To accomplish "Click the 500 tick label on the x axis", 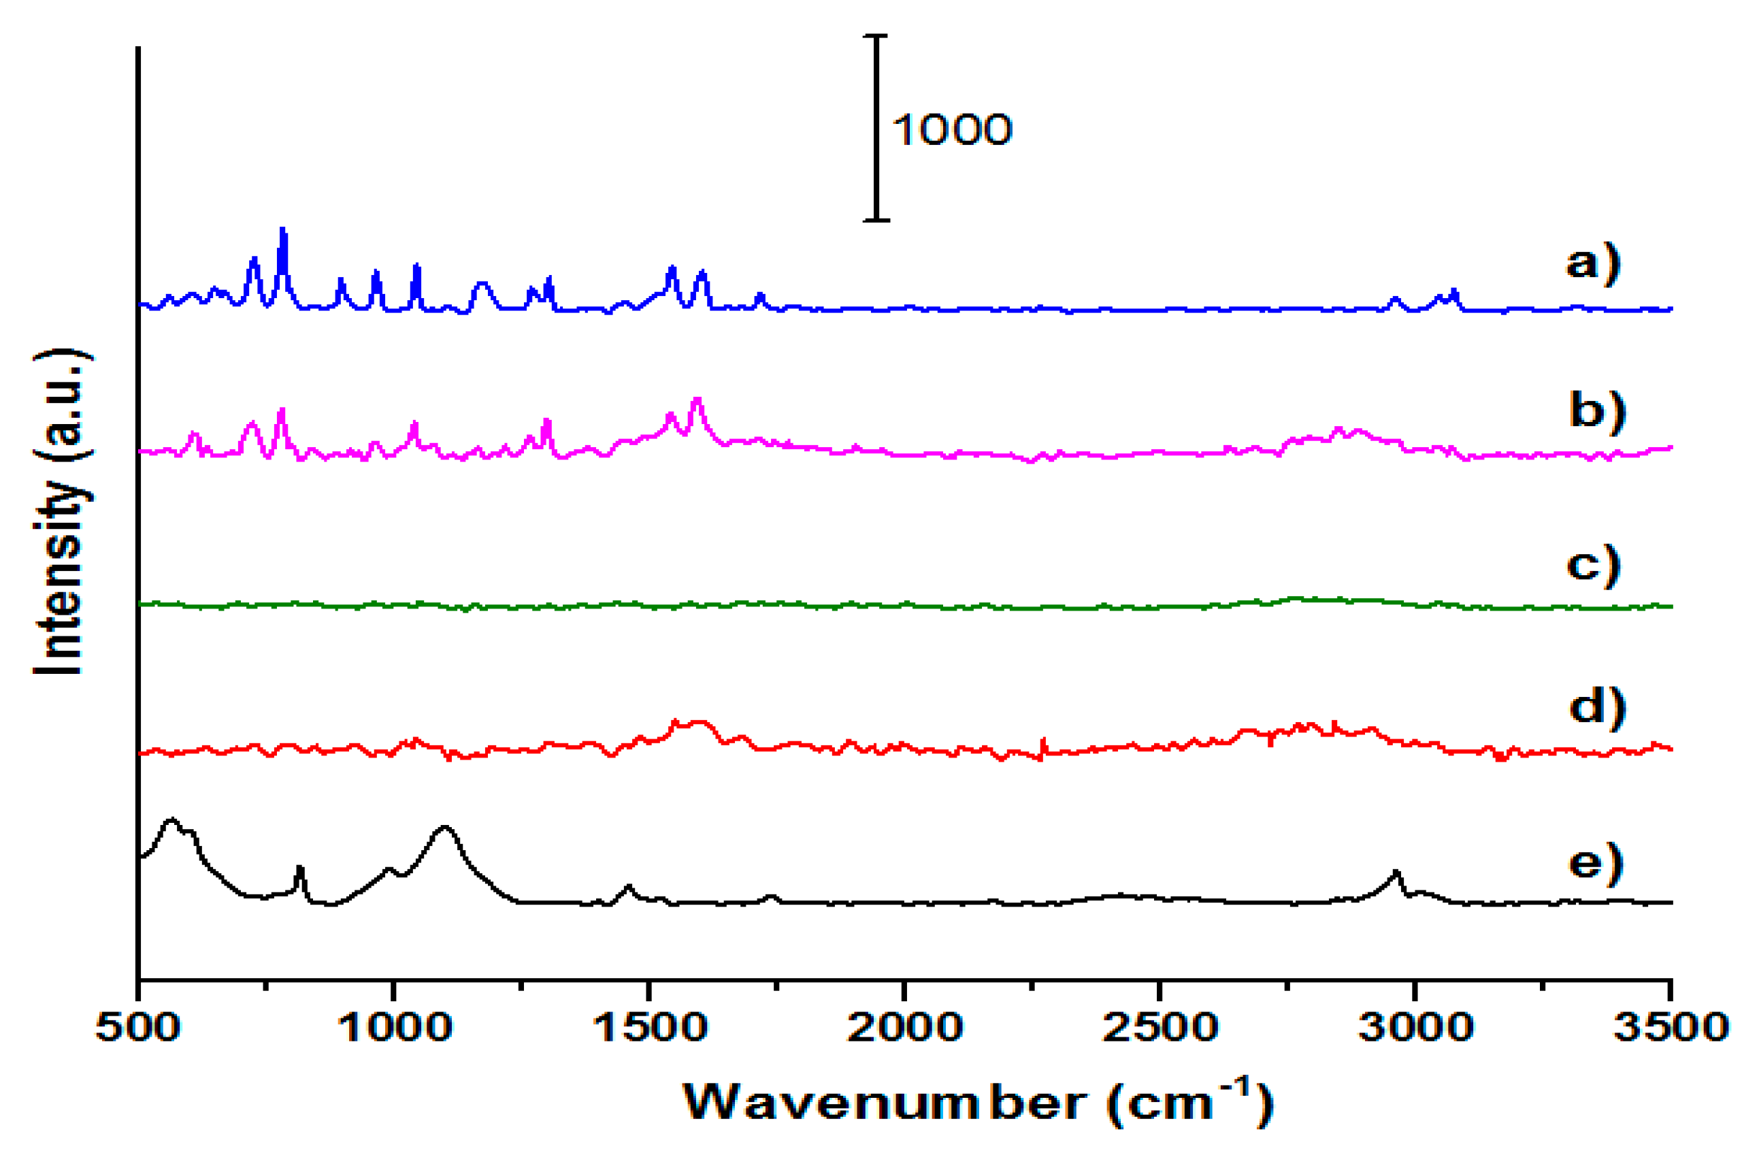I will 138,1028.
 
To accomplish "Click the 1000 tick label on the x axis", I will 394,1028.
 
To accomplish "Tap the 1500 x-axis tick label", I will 650,1028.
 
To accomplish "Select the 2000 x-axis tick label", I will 904,1028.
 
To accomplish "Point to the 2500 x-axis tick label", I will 1160,1028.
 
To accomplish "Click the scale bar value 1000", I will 952,130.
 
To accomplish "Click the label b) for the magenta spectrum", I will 1597,410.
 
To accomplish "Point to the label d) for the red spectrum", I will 1597,707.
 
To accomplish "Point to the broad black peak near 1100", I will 444,827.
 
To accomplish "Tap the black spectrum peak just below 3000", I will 1396,873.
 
